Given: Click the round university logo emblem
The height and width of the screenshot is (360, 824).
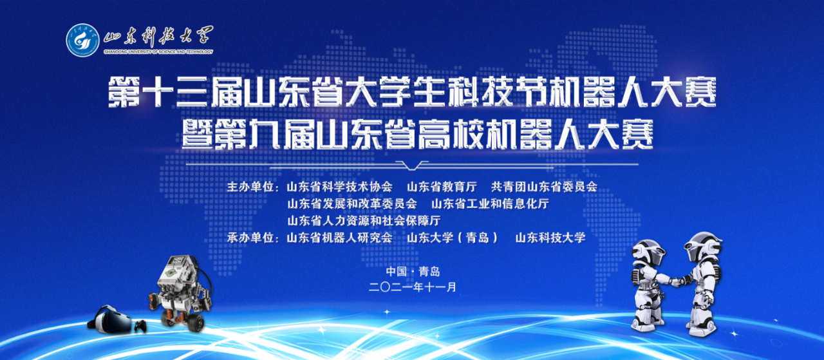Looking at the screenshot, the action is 83,40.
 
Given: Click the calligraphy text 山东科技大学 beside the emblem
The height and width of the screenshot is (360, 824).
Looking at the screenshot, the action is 158,37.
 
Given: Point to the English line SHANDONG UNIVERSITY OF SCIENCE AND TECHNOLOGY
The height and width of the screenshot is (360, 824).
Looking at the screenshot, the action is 158,52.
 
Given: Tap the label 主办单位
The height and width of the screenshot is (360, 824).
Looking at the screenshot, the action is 250,187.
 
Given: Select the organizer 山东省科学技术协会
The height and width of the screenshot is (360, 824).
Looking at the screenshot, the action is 339,187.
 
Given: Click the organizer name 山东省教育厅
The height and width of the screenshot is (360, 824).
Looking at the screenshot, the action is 442,187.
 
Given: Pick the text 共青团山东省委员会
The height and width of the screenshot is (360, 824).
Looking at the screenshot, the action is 544,187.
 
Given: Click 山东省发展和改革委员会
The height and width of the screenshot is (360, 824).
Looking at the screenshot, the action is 352,204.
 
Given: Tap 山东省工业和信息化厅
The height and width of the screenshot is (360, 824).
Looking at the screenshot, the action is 491,204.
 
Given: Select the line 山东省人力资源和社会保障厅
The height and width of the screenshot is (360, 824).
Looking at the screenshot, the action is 364,220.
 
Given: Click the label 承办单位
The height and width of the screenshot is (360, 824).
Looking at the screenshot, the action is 250,238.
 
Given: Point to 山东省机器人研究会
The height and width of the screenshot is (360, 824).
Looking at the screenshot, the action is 339,238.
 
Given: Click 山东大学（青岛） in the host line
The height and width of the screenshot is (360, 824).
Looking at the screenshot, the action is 453,238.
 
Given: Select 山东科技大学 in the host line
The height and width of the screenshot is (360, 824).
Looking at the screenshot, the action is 550,238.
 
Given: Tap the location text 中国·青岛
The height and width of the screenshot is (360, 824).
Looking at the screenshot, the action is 413,272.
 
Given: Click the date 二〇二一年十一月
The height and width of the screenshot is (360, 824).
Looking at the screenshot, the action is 413,287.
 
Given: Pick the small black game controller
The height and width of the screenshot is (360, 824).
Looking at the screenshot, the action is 140,326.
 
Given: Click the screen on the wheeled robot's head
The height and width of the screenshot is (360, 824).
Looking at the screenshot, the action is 178,260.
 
